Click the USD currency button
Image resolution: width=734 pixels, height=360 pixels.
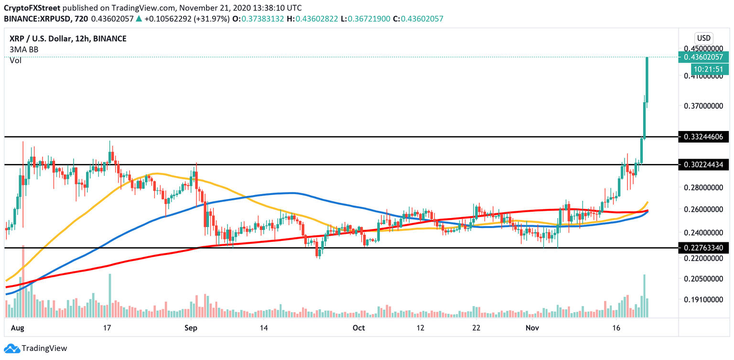coord(703,38)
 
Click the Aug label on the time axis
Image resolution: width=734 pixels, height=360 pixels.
coord(17,328)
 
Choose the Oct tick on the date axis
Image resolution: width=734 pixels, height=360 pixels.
coord(358,328)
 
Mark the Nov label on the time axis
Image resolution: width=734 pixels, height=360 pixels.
coord(533,328)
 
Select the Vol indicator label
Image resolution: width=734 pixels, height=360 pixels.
coord(15,60)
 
